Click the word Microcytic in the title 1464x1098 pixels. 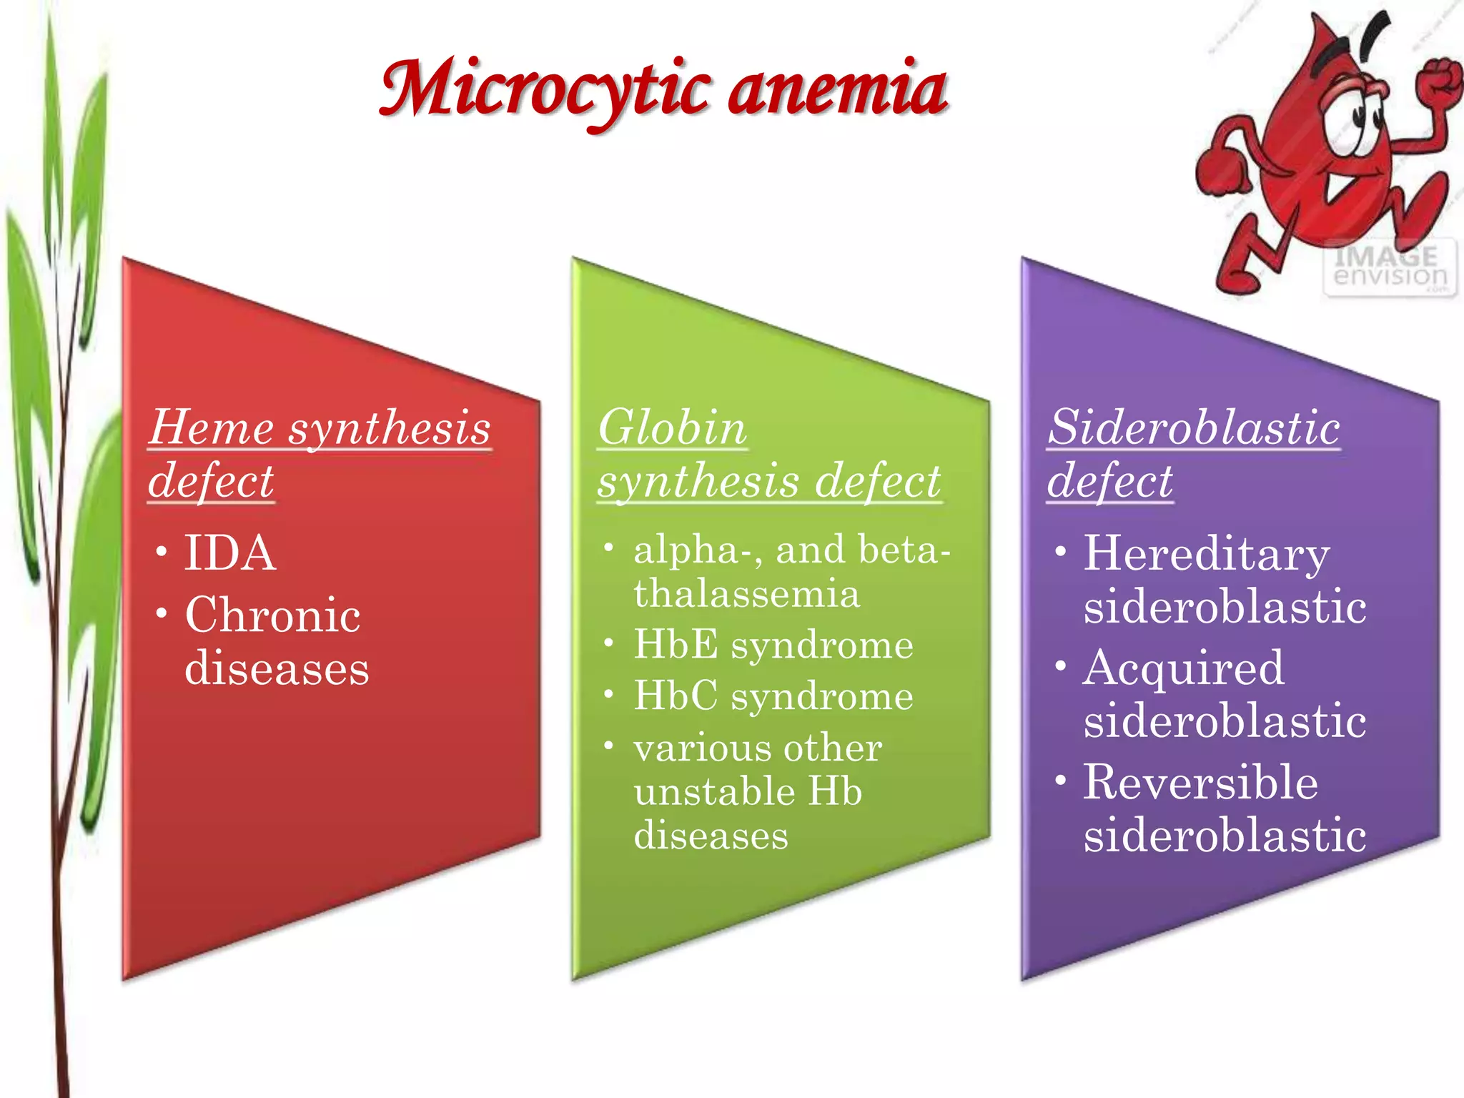tap(543, 89)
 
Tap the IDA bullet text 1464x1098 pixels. tap(229, 553)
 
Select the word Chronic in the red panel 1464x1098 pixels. tap(272, 615)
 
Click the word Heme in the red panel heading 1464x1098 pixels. tap(212, 428)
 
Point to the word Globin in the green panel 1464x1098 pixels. tap(672, 428)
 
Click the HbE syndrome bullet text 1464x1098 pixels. tap(773, 645)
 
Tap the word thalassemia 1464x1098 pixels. tap(746, 594)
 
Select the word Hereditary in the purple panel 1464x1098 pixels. tap(1206, 555)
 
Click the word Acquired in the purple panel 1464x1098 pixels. tap(1183, 668)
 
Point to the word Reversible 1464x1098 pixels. tap(1200, 782)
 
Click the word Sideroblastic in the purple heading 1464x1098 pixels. tap(1193, 428)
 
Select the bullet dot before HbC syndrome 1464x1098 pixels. tap(608, 694)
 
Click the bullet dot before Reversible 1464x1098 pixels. tap(1060, 780)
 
